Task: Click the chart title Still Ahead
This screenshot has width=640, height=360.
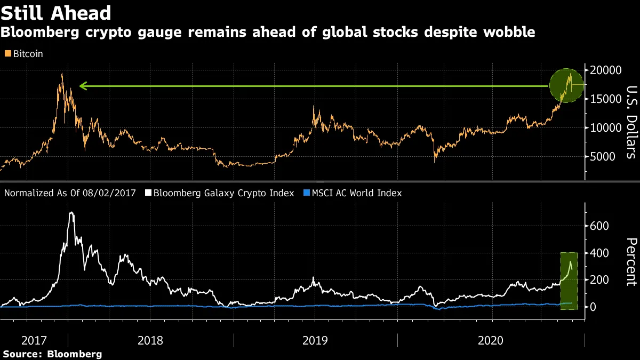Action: point(56,13)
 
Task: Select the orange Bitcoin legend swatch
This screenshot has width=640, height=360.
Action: point(7,54)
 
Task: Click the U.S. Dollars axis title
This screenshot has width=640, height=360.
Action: point(631,122)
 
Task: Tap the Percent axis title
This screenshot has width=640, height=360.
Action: point(631,261)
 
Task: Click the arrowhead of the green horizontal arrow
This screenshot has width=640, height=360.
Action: point(82,85)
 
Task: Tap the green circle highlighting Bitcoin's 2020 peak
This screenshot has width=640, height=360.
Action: point(567,86)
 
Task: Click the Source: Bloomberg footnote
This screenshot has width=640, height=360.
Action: point(52,354)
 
